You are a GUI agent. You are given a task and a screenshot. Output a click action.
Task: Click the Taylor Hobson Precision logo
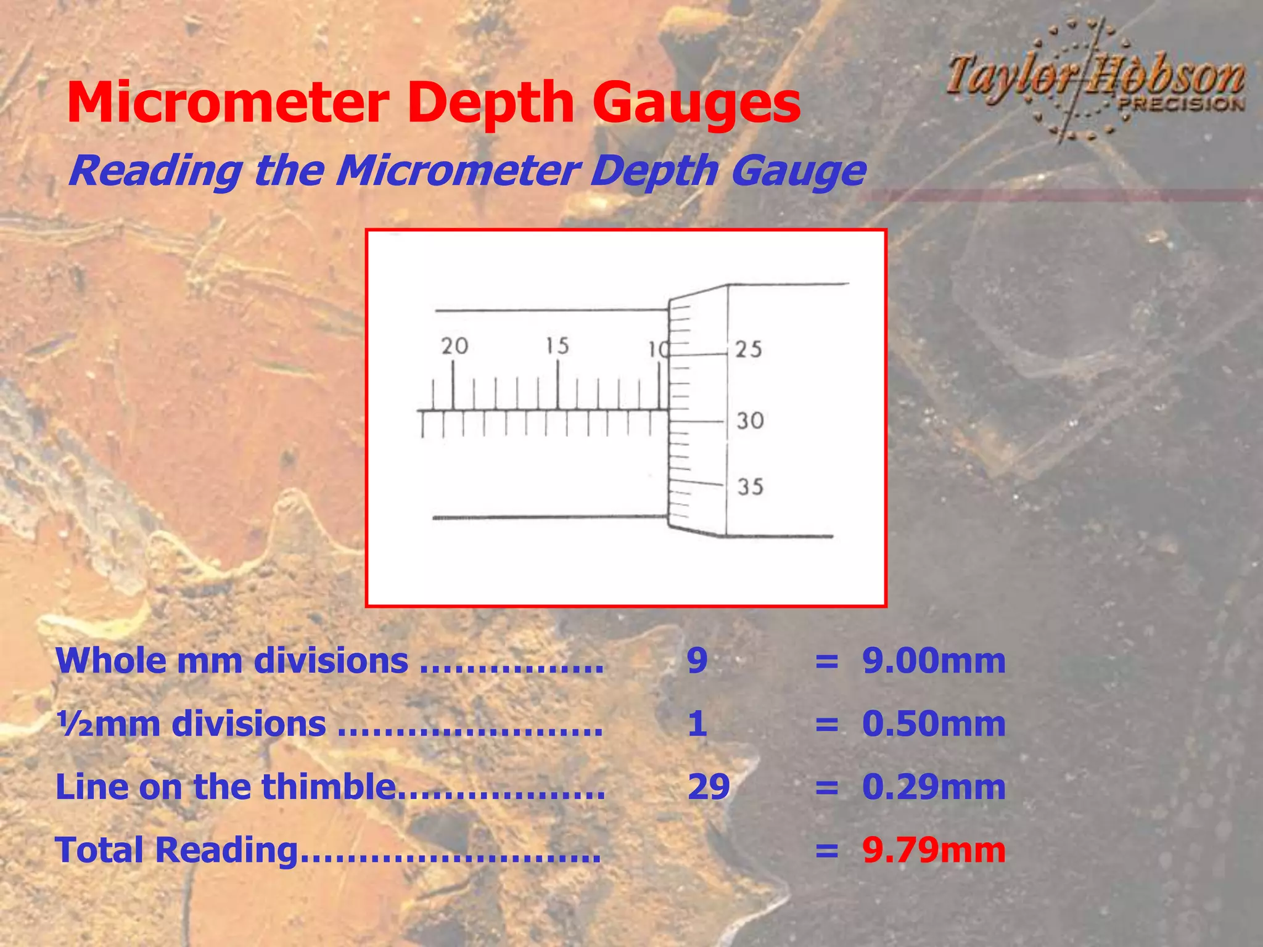click(1095, 80)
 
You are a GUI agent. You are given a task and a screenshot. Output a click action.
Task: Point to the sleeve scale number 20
click(455, 346)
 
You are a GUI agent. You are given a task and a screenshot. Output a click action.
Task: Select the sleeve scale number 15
click(557, 346)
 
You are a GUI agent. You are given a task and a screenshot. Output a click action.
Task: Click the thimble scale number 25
click(749, 350)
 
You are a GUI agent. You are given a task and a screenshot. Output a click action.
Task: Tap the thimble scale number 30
click(750, 421)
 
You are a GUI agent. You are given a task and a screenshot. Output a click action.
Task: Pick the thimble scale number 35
click(750, 487)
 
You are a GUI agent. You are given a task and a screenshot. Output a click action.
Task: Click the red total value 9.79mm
click(934, 850)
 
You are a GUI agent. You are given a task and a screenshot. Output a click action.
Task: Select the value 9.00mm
click(934, 661)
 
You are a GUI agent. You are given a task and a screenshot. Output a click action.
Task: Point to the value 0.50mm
click(934, 724)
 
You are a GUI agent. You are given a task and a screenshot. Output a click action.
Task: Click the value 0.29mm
click(934, 787)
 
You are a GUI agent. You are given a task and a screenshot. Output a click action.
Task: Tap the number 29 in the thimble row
click(709, 787)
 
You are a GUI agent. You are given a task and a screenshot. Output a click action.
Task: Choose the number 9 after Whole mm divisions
click(697, 661)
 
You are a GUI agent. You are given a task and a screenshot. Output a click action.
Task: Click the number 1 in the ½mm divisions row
click(697, 724)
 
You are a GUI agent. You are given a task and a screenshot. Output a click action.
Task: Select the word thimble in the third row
click(327, 787)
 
